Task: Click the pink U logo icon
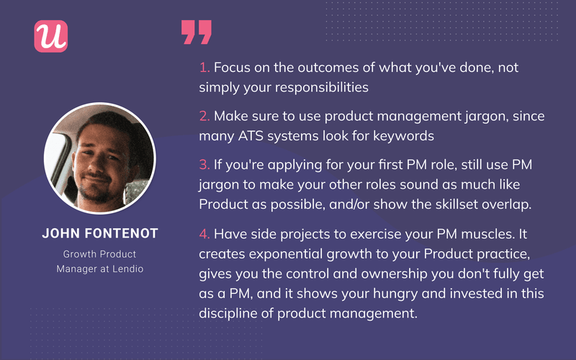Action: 50,35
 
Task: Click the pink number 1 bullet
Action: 204,67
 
